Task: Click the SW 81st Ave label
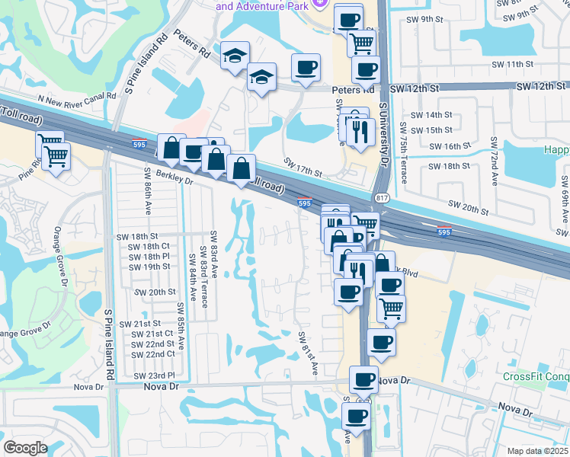pyautogui.click(x=308, y=353)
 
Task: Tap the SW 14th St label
pyautogui.click(x=431, y=115)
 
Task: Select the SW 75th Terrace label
pyautogui.click(x=402, y=162)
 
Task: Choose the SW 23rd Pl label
pyautogui.click(x=154, y=376)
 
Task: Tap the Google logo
pyautogui.click(x=25, y=448)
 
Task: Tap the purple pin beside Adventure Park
pyautogui.click(x=320, y=4)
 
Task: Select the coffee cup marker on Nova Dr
pyautogui.click(x=363, y=380)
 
